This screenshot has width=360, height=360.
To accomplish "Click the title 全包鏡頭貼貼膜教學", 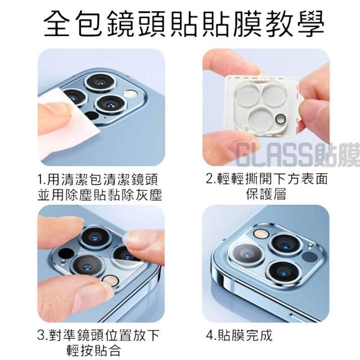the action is point(184,24).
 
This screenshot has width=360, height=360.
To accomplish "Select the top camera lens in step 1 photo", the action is point(100,83).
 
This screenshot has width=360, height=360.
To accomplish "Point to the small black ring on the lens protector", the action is point(280,119).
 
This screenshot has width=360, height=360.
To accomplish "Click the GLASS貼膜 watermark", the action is point(298,154).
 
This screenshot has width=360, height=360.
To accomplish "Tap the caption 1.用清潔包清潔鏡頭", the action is point(98,179).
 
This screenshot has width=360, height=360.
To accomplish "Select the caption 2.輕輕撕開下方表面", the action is point(267,179).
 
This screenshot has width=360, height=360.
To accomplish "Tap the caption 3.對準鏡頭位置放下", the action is point(98,335).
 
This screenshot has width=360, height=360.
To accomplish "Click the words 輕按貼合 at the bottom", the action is point(94,350).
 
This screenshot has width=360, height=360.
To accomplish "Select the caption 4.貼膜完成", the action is point(239,335).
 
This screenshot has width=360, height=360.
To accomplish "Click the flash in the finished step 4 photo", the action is point(262,234).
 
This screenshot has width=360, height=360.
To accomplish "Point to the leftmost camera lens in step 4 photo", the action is point(247,255).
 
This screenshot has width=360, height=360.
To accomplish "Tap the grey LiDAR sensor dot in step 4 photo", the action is point(309,256).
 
